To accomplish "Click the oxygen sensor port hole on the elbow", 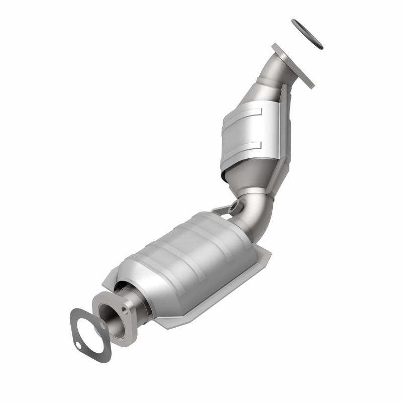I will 234,206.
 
